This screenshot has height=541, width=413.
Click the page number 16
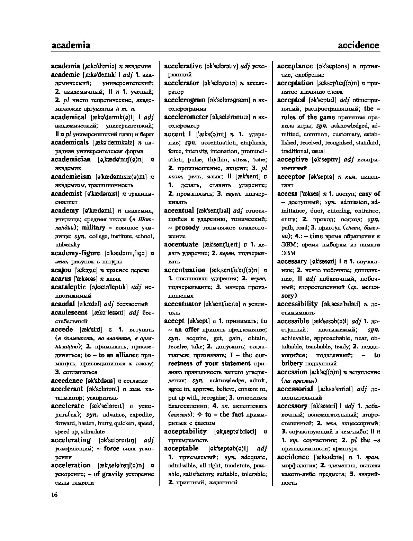click(54, 495)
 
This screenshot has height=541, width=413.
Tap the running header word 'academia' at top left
click(71, 45)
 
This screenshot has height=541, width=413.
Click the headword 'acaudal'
click(63, 304)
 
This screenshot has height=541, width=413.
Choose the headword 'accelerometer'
click(186, 117)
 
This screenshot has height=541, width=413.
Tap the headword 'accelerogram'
click(185, 100)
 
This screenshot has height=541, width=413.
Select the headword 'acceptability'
click(185, 431)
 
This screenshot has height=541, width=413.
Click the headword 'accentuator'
click(182, 304)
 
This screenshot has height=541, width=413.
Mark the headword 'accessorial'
click(295, 389)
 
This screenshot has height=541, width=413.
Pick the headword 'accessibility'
click(297, 304)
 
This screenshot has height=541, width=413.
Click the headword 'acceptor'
click(291, 177)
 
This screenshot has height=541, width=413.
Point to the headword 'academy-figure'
click(75, 253)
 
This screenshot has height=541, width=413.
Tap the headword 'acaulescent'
click(69, 313)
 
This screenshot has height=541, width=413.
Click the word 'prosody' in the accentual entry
click(187, 227)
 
